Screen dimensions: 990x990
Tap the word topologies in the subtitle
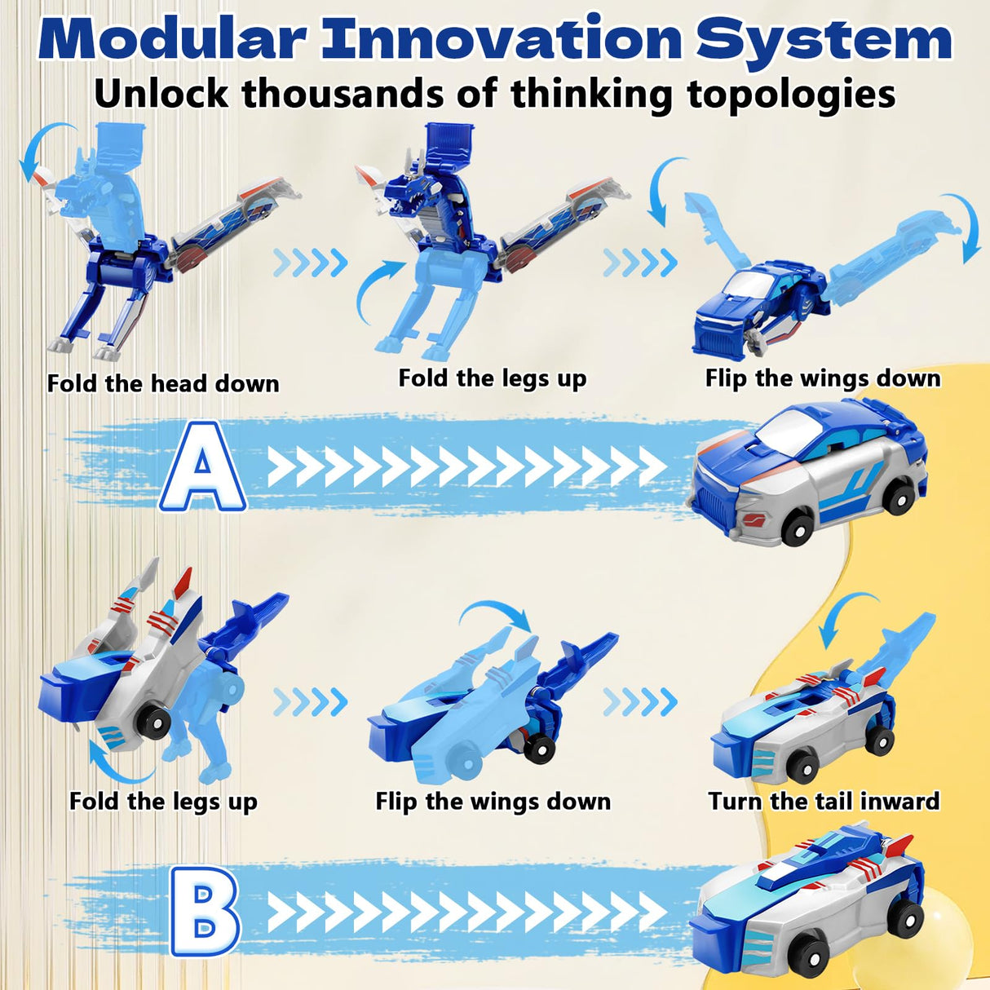791,94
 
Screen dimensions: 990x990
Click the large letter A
203,466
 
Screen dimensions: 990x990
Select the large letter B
205,909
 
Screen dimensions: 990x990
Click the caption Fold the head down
163,383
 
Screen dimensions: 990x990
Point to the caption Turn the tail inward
824,801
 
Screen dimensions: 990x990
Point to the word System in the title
824,38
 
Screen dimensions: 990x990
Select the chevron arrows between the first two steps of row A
310,263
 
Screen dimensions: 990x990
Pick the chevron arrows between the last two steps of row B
640,701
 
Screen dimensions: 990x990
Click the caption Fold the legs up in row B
163,801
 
